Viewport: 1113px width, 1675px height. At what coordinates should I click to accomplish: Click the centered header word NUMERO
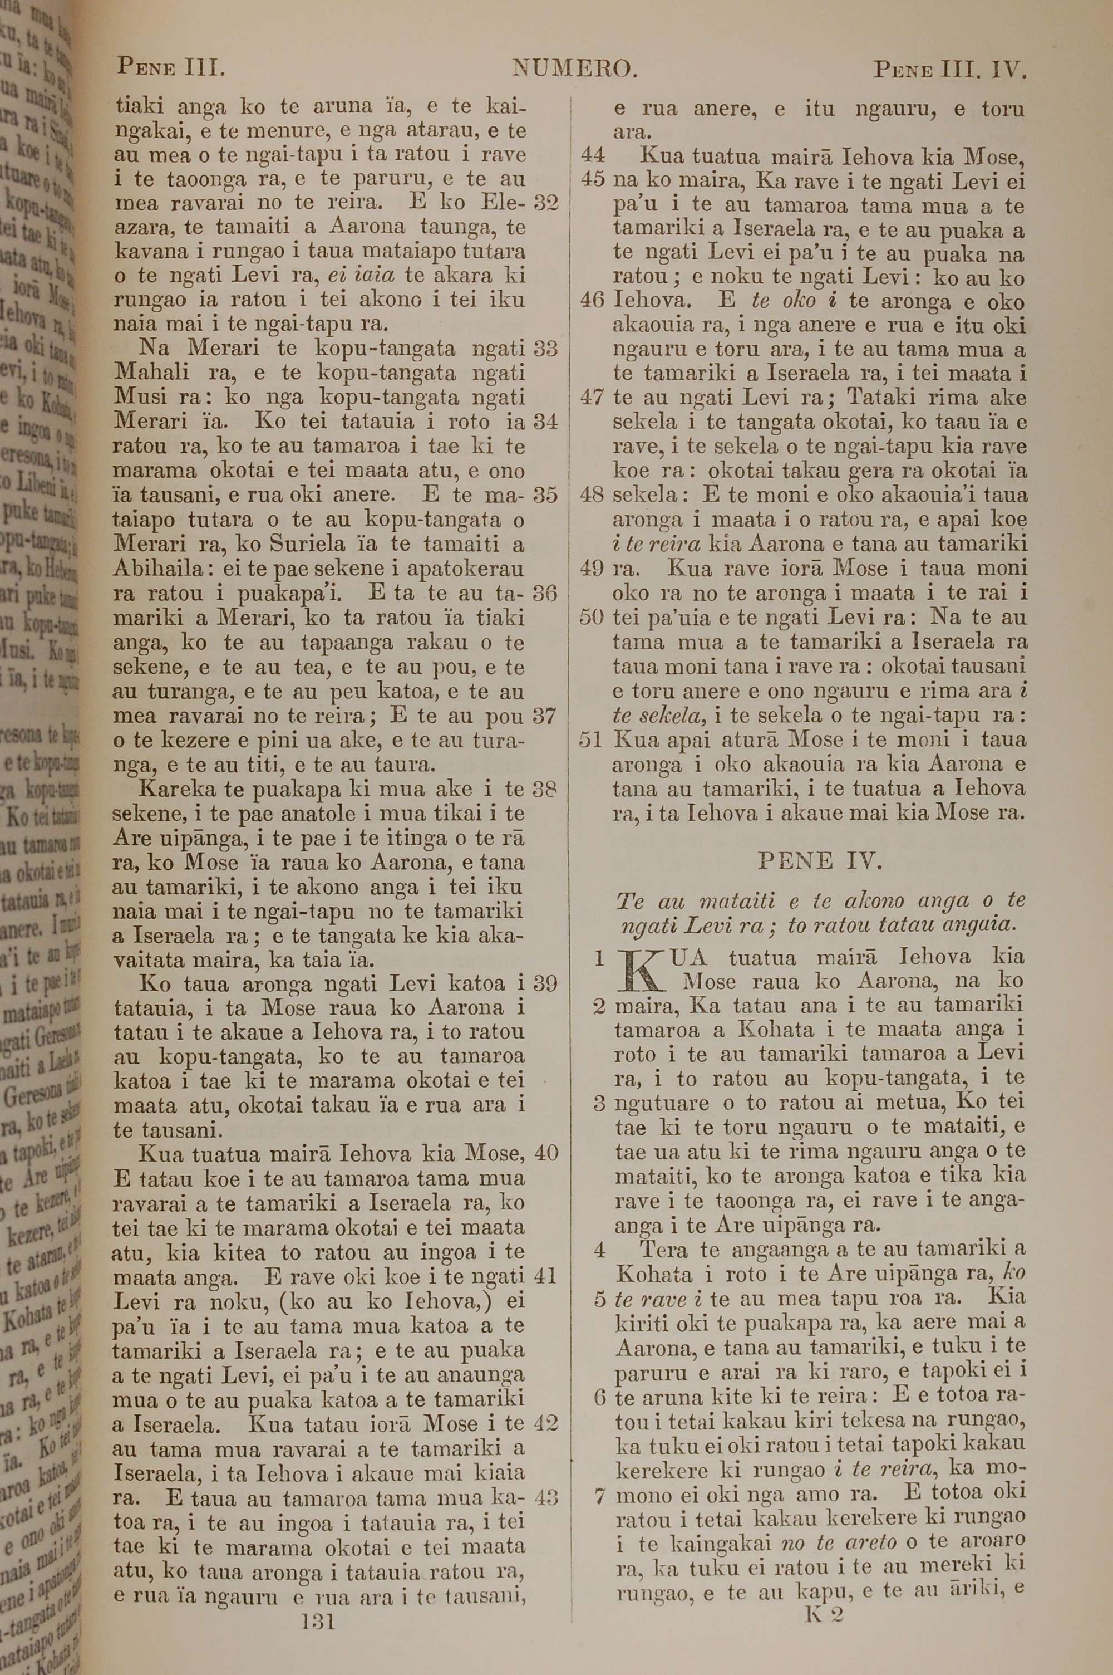(x=575, y=69)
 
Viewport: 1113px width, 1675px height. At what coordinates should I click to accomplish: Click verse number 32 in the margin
(x=546, y=203)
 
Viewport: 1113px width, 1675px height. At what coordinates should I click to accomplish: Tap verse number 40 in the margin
(x=546, y=1153)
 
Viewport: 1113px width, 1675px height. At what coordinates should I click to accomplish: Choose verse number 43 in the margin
(x=546, y=1498)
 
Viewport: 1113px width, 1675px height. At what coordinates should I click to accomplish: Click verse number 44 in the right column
(x=593, y=156)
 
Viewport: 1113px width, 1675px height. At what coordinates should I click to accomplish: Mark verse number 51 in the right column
(x=591, y=740)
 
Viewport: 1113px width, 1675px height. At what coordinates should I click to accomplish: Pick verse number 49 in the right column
(x=592, y=568)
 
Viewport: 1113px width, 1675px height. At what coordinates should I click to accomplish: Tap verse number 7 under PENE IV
(x=600, y=1496)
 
